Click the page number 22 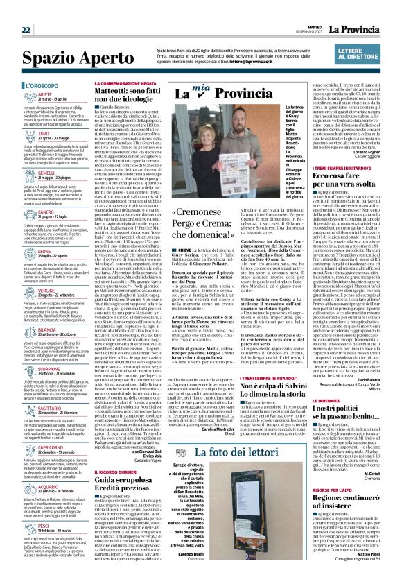coord(26,10)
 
